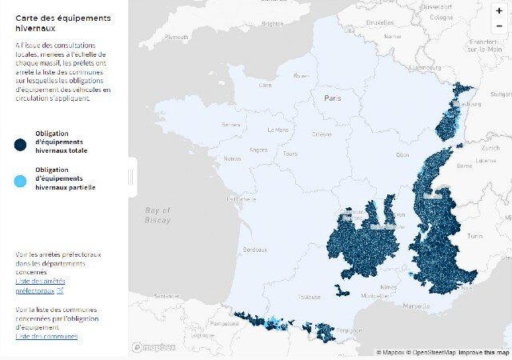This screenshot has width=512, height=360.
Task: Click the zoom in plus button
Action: pyautogui.click(x=499, y=11)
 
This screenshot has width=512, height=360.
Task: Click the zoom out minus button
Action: pyautogui.click(x=499, y=26)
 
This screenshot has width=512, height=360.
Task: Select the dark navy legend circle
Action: pyautogui.click(x=20, y=144)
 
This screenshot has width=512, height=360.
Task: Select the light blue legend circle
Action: pyautogui.click(x=20, y=182)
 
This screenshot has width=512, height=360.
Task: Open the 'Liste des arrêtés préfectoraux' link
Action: pyautogui.click(x=40, y=286)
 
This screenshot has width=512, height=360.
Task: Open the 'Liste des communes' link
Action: pyautogui.click(x=46, y=336)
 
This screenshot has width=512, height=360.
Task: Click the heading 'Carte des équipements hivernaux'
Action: pyautogui.click(x=52, y=22)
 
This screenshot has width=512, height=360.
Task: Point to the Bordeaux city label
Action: pyautogui.click(x=255, y=250)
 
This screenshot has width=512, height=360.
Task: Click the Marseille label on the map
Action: pyautogui.click(x=416, y=306)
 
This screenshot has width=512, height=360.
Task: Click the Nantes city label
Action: pyautogui.click(x=232, y=158)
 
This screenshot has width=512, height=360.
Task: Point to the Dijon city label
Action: pyautogui.click(x=402, y=154)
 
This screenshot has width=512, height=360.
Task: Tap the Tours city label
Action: pyautogui.click(x=290, y=154)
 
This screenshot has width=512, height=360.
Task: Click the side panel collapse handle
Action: pyautogui.click(x=133, y=177)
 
